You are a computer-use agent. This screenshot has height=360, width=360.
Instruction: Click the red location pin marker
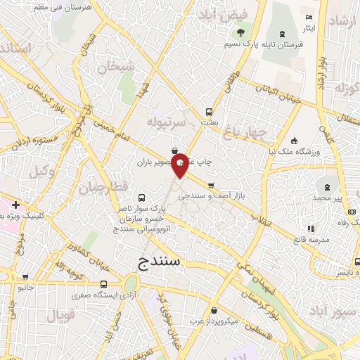click(x=180, y=165)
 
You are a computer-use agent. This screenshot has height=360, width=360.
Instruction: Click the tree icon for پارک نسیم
click(x=241, y=32)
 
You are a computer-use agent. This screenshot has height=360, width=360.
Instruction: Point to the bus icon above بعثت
click(x=209, y=111)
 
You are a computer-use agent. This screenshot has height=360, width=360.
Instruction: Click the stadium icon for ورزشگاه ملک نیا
click(x=294, y=140)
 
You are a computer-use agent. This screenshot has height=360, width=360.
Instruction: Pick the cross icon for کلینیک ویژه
click(x=15, y=206)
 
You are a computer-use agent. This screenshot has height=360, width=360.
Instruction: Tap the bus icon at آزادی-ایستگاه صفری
click(x=104, y=284)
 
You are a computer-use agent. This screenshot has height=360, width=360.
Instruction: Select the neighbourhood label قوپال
click(x=62, y=316)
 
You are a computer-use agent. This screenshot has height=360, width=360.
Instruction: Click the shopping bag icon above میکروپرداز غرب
click(x=213, y=310)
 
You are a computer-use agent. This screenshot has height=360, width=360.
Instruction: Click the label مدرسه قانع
click(x=310, y=240)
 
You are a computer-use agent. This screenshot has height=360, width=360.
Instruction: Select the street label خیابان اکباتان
click(x=276, y=94)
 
